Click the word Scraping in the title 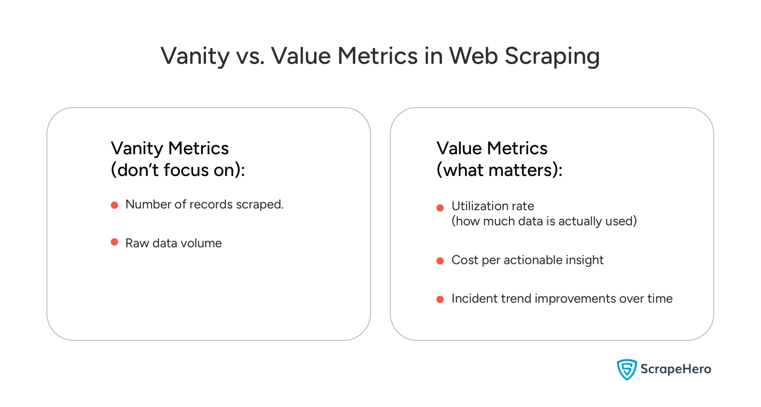552,56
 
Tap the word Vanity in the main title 195,56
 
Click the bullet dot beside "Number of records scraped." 114,205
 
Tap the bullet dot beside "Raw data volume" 114,242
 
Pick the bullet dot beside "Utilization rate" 440,208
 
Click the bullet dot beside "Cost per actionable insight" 440,261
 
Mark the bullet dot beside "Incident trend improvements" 440,299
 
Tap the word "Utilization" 480,206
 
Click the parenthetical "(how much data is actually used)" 544,221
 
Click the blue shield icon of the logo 626,370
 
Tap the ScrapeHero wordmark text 676,369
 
